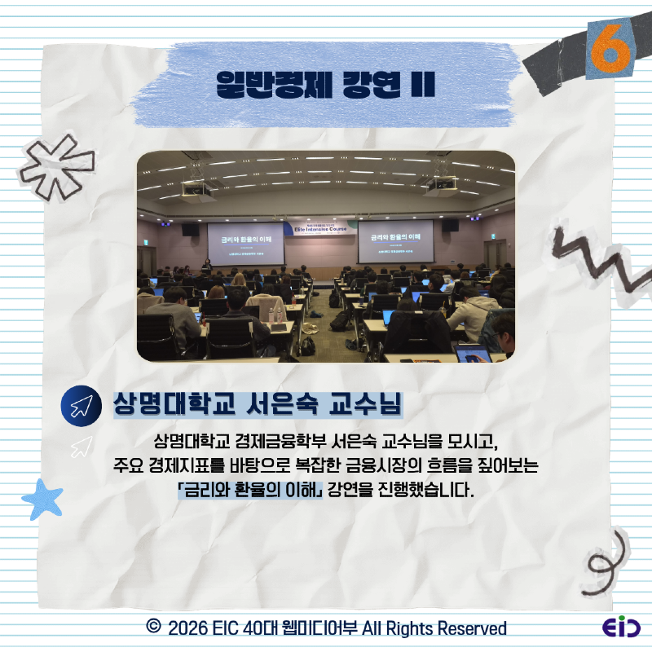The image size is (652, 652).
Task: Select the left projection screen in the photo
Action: (x=245, y=242)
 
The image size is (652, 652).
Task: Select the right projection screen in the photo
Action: (x=396, y=242)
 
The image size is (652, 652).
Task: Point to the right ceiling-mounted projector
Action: (x=441, y=188)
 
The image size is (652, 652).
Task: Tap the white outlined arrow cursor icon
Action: (x=81, y=446)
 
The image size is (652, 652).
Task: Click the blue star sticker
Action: (x=42, y=499)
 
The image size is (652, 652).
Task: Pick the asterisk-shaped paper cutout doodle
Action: (x=57, y=167)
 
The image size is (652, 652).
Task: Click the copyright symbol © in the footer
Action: (x=152, y=628)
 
